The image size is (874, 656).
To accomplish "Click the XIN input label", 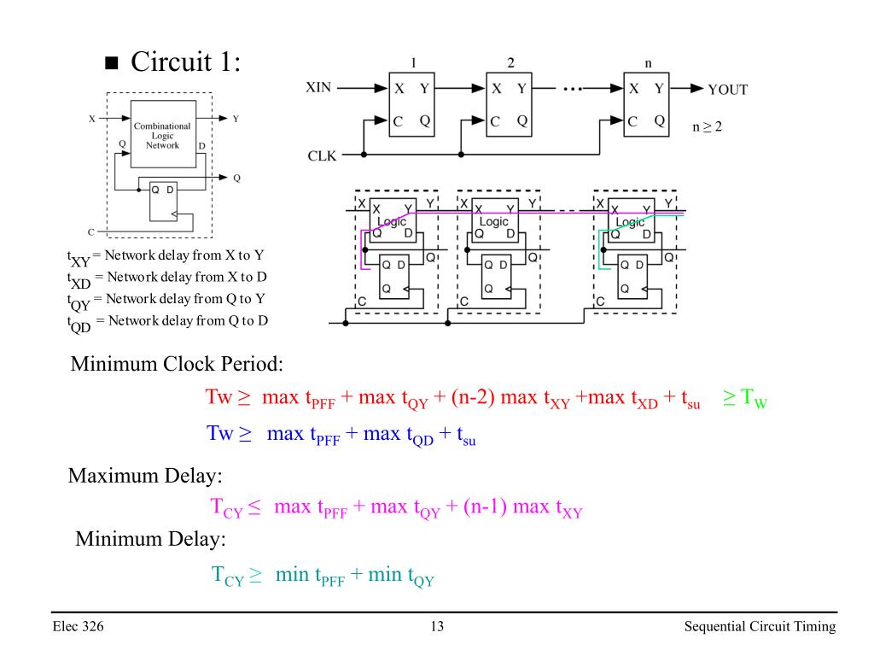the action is click(318, 88).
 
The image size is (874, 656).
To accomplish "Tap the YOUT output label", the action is click(727, 89).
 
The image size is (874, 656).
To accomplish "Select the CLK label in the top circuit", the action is click(322, 155).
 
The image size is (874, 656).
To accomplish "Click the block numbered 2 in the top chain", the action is click(509, 104).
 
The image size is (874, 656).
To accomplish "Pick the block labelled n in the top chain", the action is click(647, 104).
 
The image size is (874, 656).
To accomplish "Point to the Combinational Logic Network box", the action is click(163, 134).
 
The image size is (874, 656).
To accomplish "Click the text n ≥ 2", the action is click(707, 127).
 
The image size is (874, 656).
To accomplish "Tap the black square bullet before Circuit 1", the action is click(112, 62).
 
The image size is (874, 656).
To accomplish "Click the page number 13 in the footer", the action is click(437, 626).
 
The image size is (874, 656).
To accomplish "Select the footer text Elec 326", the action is click(78, 626).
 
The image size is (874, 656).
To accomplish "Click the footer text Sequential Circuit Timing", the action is click(760, 626).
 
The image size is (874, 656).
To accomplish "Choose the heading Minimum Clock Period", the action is click(177, 364).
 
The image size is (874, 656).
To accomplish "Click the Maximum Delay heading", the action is click(145, 476).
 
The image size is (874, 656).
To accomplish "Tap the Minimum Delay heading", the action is click(150, 539).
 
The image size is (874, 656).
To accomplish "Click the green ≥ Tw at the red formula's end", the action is click(744, 398).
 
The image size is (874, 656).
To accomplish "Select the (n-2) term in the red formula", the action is click(473, 397).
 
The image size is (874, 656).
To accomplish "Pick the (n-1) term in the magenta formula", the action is click(485, 507).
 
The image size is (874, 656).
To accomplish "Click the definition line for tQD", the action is click(168, 322).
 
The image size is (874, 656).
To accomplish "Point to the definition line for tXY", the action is click(166, 257).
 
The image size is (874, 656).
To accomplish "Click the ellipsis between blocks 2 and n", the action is click(573, 89).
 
